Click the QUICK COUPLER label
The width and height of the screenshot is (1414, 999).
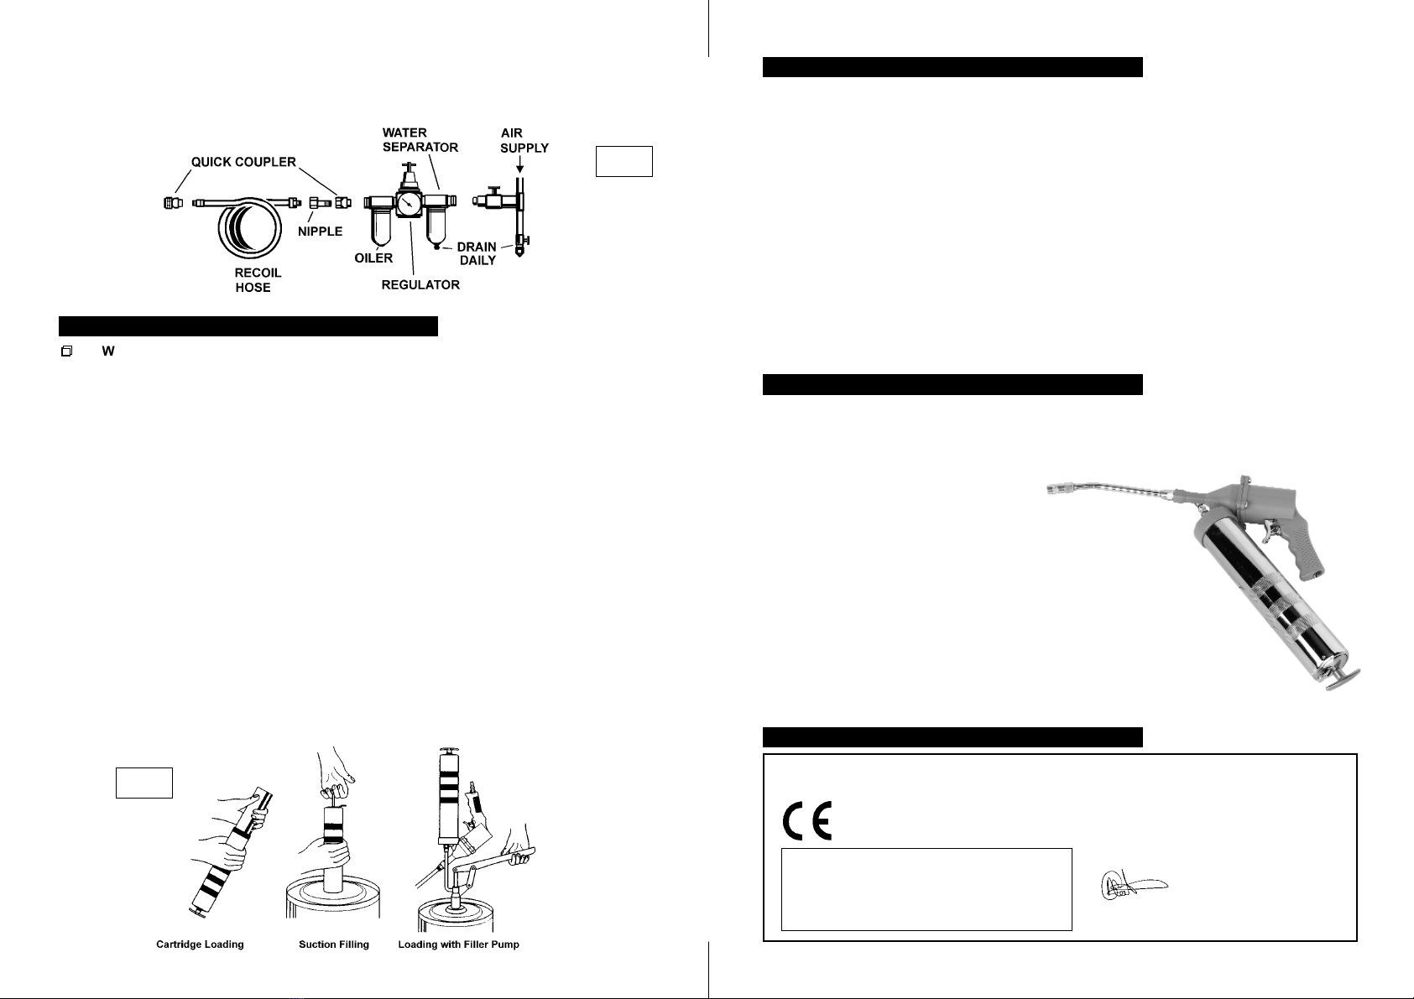243,162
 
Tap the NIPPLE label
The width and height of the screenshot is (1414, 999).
320,231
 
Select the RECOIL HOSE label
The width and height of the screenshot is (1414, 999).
258,280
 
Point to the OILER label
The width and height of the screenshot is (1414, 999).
373,258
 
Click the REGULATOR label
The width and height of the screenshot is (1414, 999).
420,285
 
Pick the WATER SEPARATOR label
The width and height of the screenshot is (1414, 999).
420,140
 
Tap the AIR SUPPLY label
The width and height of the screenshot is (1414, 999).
524,140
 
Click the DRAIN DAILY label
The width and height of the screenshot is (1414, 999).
477,253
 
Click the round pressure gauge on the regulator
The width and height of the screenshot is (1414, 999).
410,205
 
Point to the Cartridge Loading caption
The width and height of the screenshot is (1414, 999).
200,944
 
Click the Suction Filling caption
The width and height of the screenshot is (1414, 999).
333,944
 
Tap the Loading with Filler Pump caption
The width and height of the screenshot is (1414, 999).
458,944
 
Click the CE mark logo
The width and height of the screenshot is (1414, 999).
807,821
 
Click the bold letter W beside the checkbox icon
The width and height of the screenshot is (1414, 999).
107,351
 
